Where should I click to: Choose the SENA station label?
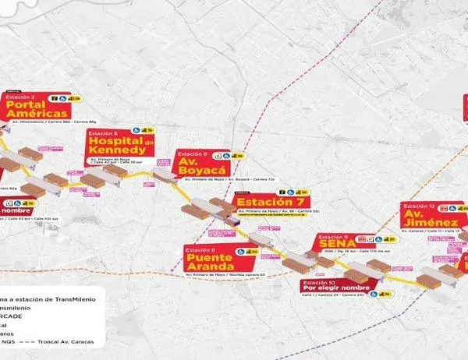click(x=336, y=244)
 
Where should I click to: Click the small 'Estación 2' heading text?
click(x=20, y=97)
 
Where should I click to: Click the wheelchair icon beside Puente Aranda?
click(x=252, y=252)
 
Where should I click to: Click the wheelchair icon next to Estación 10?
click(x=374, y=294)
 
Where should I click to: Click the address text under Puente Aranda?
click(x=225, y=275)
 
